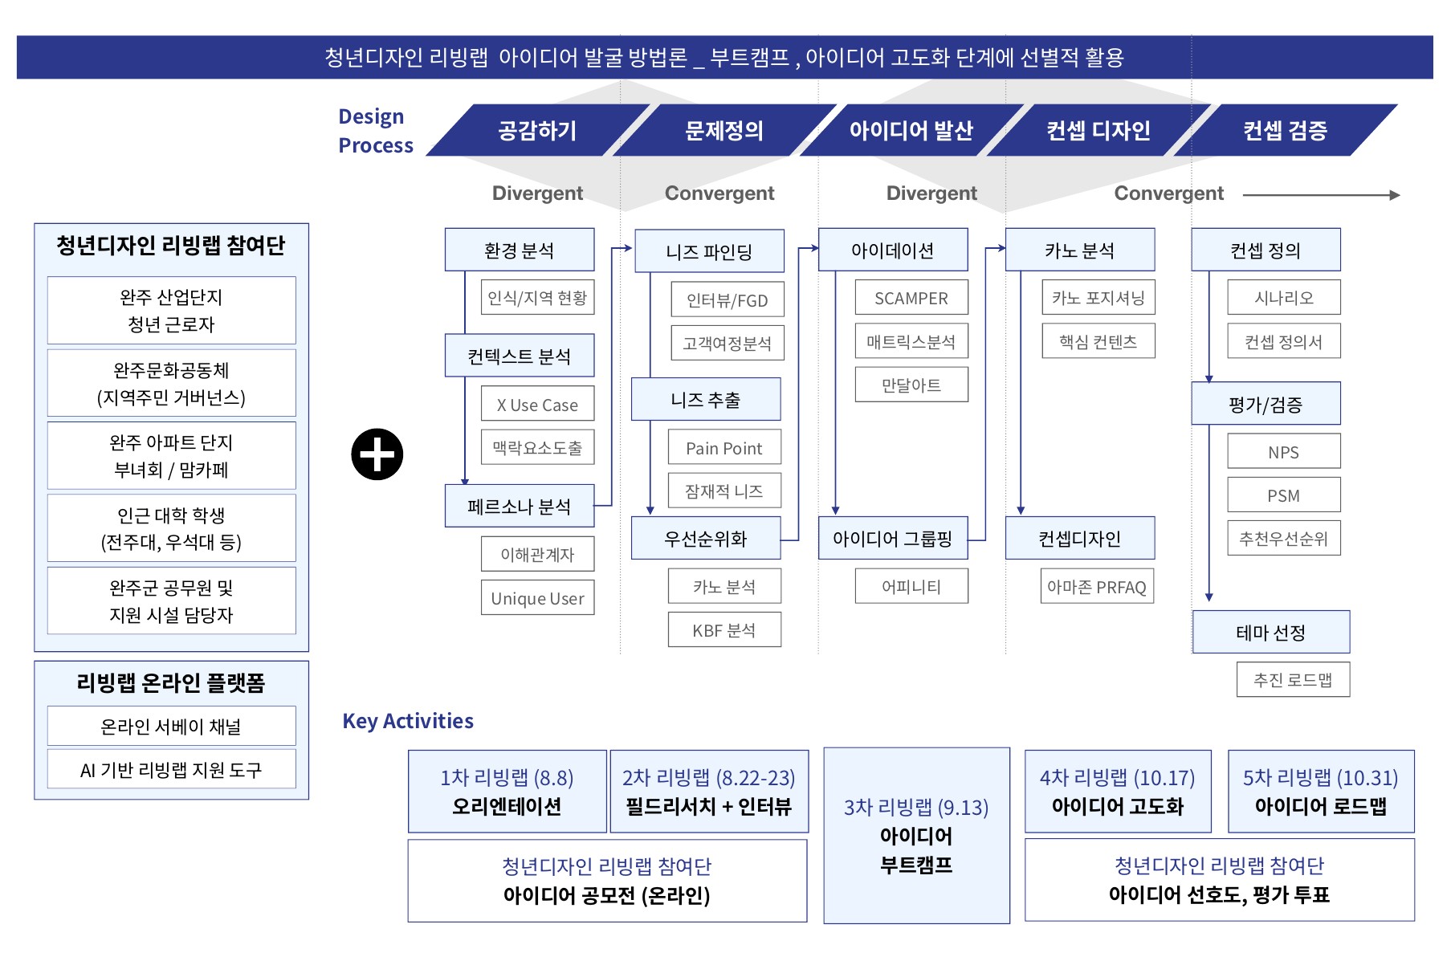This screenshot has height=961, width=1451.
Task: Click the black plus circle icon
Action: coord(377,454)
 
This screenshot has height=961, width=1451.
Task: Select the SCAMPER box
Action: coord(911,298)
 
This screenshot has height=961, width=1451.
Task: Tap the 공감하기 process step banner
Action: coord(537,130)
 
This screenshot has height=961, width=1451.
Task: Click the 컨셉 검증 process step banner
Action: coord(1285,130)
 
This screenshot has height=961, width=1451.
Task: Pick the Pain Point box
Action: coord(724,447)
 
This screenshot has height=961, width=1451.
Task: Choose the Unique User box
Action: coord(538,598)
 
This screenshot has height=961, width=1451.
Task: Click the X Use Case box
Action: coord(538,404)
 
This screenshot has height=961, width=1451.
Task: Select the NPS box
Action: coord(1284,451)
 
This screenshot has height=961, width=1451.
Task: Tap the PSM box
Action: coord(1284,495)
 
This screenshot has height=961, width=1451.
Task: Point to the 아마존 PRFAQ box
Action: coord(1097,586)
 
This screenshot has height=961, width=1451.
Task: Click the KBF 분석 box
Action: coord(724,630)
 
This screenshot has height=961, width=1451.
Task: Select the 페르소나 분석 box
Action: coord(520,506)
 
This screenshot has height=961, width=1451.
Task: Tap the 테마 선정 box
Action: coord(1271,632)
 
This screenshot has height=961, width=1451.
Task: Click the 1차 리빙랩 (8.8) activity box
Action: coord(507,792)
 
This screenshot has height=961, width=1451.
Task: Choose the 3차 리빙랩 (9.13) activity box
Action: coord(916,836)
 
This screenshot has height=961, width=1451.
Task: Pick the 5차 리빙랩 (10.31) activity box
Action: coord(1321,792)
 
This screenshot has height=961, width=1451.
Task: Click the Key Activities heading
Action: coord(408,721)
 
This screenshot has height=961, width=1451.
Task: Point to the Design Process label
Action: coord(376,131)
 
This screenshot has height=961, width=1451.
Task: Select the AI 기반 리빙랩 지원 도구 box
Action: coord(171,769)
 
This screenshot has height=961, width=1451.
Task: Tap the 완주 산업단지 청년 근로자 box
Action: coord(171,311)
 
